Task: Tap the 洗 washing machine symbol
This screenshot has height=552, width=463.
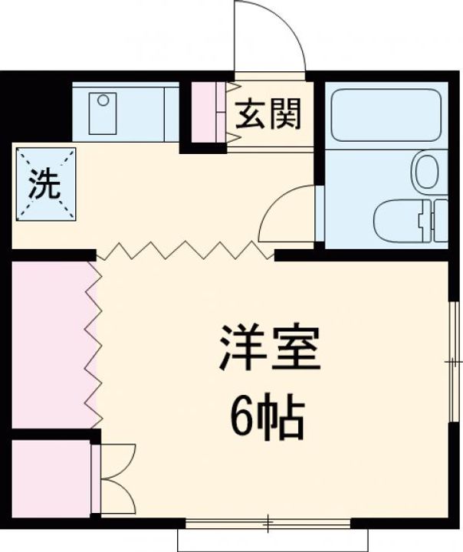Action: [45, 184]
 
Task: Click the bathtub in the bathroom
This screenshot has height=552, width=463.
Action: [383, 114]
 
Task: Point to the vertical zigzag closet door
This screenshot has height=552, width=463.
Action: [93, 345]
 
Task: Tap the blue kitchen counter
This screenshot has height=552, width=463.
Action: [126, 111]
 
